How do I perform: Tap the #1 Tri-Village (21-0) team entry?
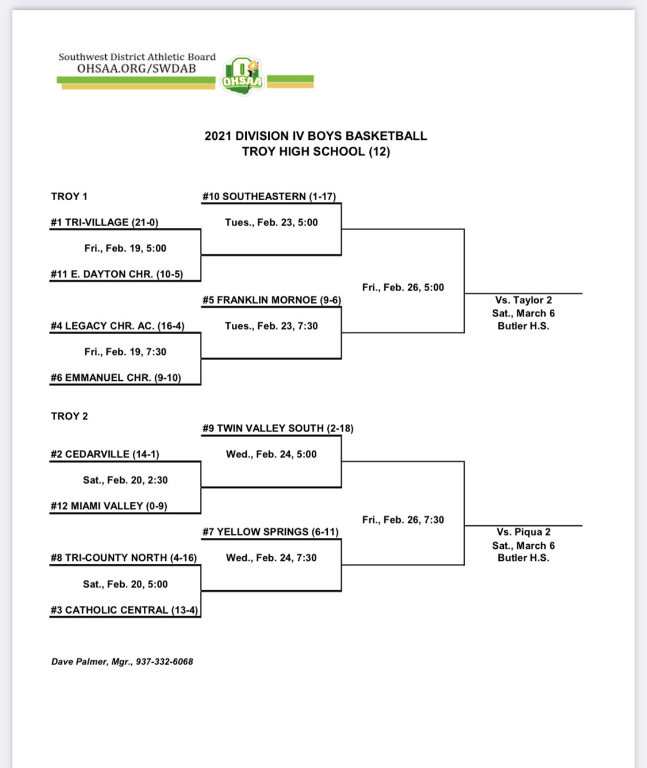tap(104, 223)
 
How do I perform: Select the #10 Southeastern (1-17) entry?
tap(269, 197)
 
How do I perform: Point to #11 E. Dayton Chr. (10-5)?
tap(117, 274)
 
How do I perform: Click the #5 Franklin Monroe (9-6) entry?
tap(271, 300)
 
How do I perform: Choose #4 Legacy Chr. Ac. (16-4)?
tap(117, 326)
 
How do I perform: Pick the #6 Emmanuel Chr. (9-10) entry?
tap(116, 378)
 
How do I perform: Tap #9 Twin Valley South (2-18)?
tap(278, 429)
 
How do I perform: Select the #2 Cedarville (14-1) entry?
tap(105, 454)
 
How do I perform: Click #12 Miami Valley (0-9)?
tap(109, 506)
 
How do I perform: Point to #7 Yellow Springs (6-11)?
tap(270, 532)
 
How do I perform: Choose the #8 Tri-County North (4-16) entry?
tap(124, 558)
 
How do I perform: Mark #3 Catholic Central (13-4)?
tap(124, 610)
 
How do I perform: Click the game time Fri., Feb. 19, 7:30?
tap(125, 352)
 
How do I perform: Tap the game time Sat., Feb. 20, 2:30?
tap(125, 480)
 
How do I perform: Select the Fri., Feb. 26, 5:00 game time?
tap(403, 288)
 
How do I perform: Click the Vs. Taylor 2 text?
tap(523, 300)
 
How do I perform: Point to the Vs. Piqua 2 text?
tap(523, 532)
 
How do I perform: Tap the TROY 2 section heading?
tap(70, 417)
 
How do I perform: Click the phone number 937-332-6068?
tap(164, 662)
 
